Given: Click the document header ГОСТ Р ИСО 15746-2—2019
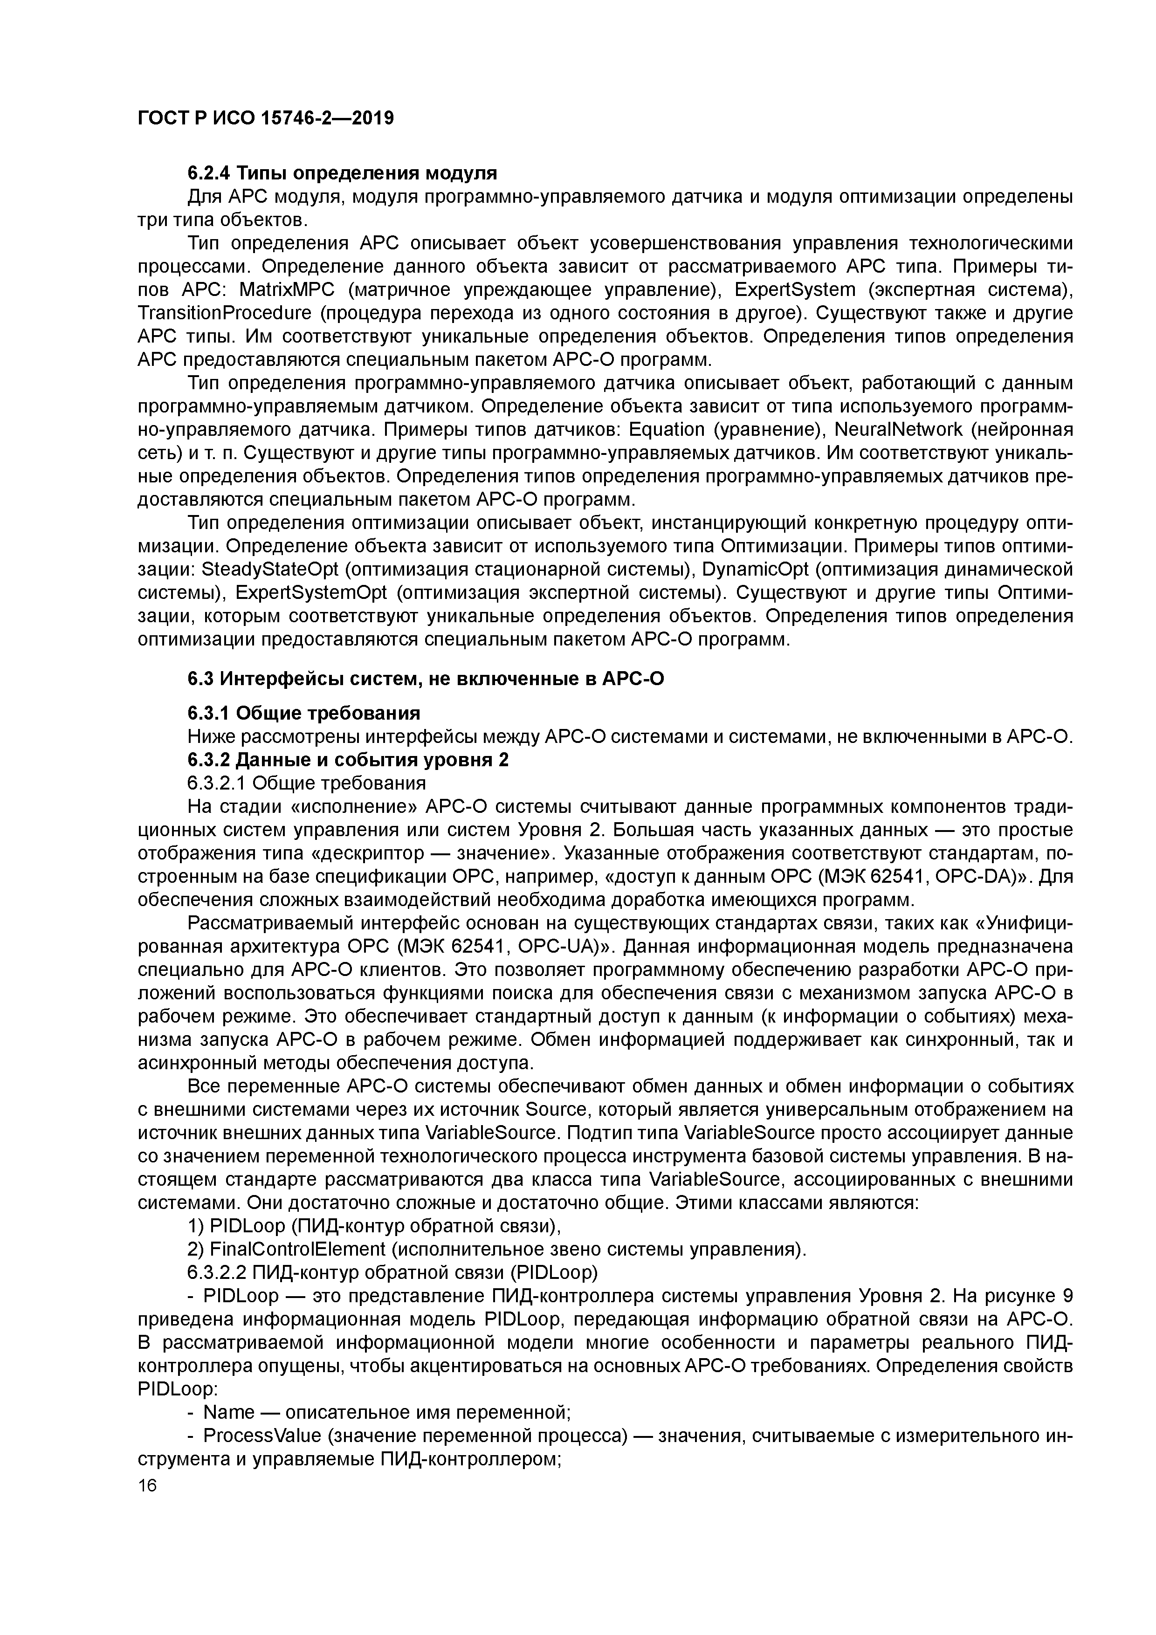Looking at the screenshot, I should (x=265, y=118).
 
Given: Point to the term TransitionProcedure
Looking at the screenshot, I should (x=224, y=313).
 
